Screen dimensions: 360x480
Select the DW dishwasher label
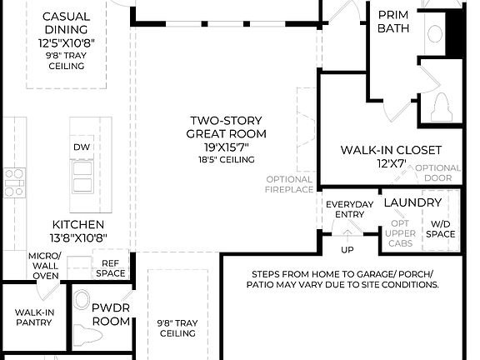(x=82, y=147)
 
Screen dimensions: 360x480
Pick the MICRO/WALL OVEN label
(x=43, y=265)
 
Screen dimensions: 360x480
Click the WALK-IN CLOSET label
(x=391, y=156)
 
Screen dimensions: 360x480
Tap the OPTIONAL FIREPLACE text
(x=290, y=184)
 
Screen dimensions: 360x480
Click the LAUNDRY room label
(x=412, y=202)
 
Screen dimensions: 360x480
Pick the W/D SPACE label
(x=441, y=228)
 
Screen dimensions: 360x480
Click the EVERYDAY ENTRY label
(x=349, y=209)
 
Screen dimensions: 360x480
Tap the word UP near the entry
(x=348, y=249)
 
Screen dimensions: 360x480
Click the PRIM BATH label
(x=392, y=22)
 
